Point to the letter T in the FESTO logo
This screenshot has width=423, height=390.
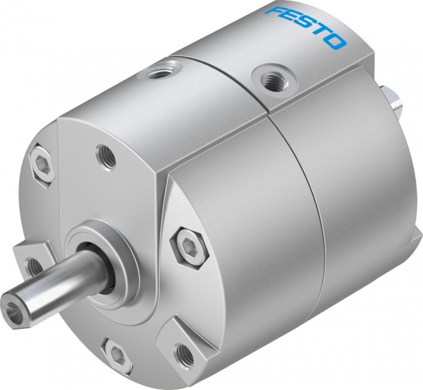(x=321, y=32)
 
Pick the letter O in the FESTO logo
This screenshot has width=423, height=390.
(x=337, y=41)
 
